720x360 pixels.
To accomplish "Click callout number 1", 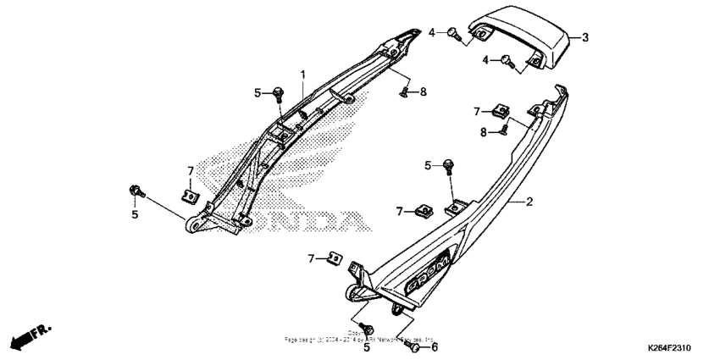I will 302,75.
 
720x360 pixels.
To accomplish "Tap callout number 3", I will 584,37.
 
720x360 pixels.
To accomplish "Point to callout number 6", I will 435,346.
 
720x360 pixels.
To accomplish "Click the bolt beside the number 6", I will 415,346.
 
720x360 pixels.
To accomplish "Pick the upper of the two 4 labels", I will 430,32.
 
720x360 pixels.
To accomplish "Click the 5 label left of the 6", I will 366,346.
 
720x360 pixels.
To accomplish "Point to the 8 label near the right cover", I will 484,131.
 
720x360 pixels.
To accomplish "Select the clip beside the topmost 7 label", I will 502,110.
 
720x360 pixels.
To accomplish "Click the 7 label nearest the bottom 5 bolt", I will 312,258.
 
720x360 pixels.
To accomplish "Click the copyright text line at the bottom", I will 360,339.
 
